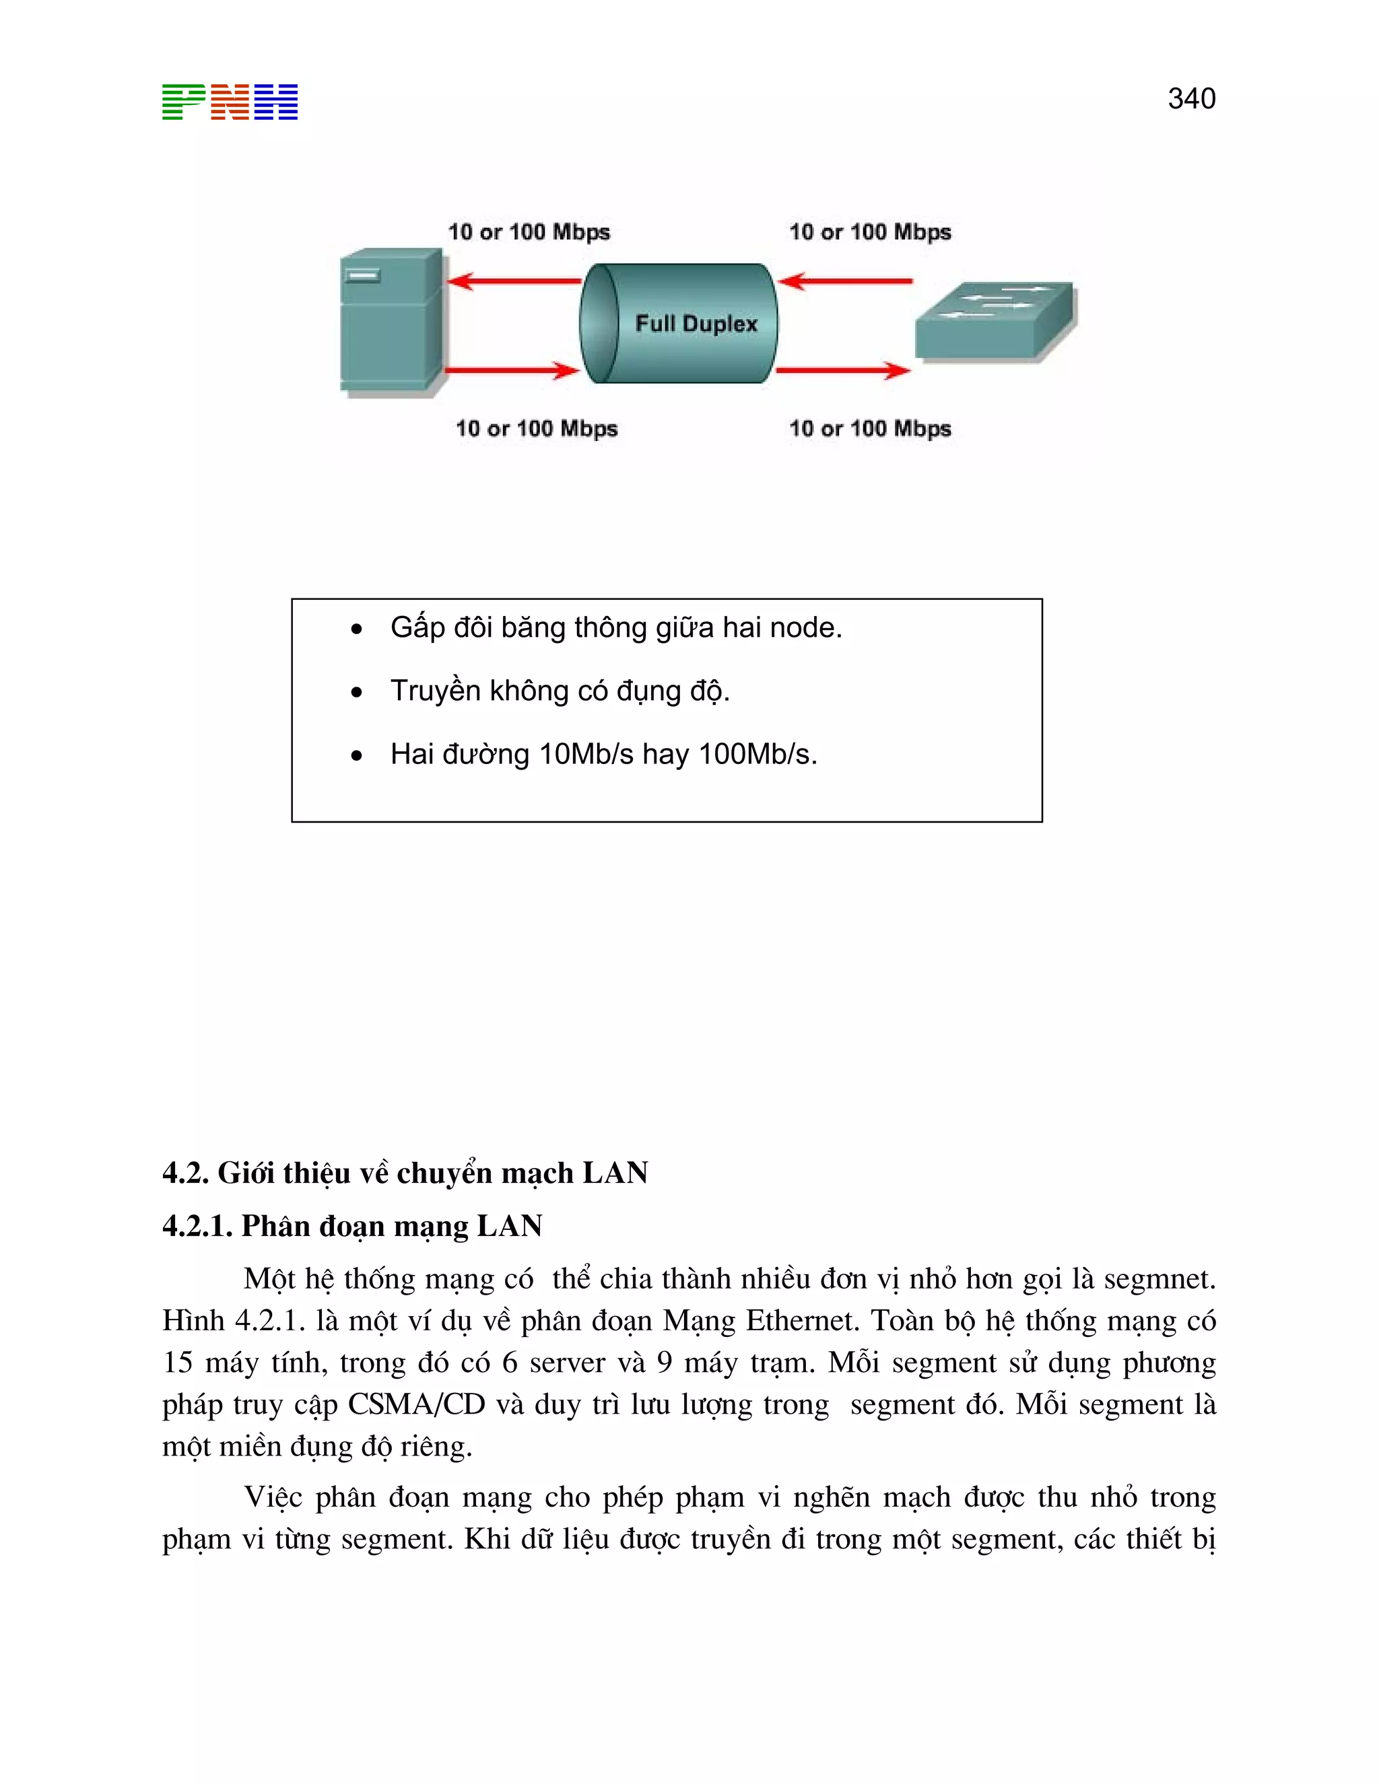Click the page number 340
[x=1191, y=99]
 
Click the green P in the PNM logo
[x=183, y=102]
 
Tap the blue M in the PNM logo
[x=276, y=102]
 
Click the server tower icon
[x=391, y=322]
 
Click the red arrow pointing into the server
[x=514, y=281]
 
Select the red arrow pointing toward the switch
[x=843, y=370]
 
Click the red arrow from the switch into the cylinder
[x=846, y=281]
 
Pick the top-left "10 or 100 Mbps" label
[x=529, y=232]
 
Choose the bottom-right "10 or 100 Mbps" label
[x=870, y=428]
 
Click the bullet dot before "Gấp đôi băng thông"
[x=356, y=629]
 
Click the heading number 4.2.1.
[x=197, y=1226]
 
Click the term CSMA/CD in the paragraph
[x=417, y=1404]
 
